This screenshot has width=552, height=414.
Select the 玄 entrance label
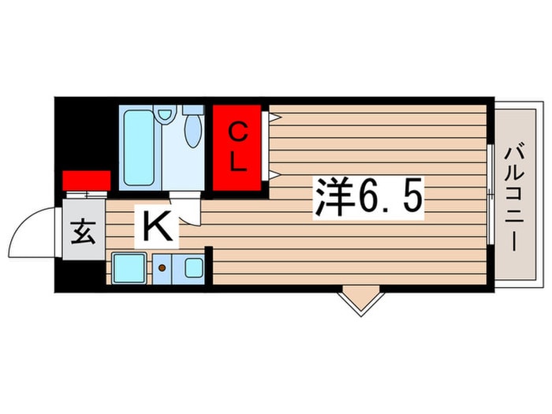[81, 234]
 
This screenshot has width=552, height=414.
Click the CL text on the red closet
[238, 148]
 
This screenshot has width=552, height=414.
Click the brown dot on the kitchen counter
[163, 268]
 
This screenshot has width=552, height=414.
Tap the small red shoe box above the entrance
[85, 180]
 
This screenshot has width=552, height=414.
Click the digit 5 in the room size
[412, 198]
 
